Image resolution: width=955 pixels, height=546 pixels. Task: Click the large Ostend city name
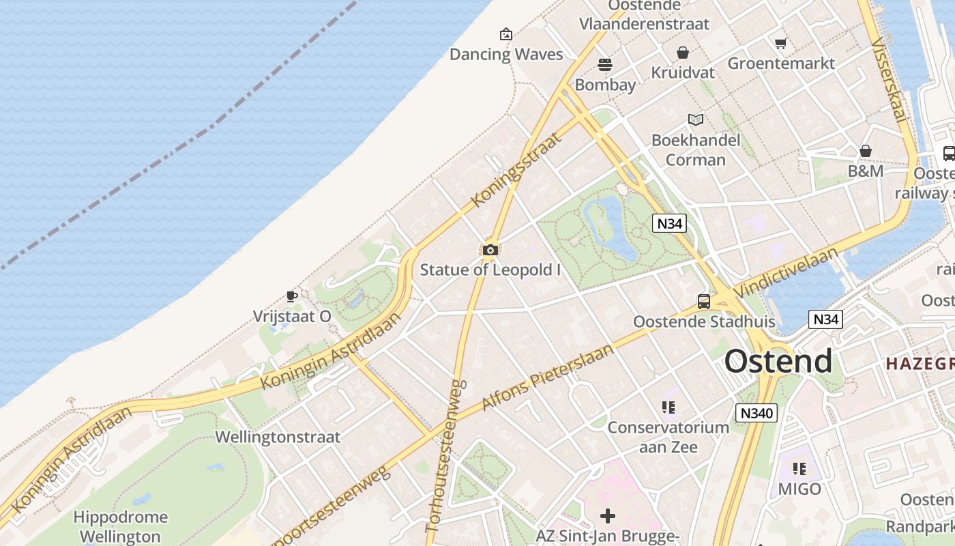point(778,361)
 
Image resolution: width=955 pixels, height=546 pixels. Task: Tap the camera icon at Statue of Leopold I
point(490,250)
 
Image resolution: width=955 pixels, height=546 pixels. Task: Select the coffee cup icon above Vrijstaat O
point(292,296)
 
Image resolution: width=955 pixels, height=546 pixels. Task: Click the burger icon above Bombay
point(605,65)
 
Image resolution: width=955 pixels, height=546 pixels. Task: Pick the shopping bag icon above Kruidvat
point(682,53)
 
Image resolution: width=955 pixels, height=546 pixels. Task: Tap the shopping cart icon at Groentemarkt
point(781,44)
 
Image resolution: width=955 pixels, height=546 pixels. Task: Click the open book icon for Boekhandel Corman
point(695,120)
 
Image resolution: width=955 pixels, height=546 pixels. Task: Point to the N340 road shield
point(756,413)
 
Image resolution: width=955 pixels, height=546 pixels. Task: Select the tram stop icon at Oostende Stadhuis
point(703,301)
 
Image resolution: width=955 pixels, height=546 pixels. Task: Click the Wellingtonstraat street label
point(278,437)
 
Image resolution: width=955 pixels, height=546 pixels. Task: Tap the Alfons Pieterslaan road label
point(547,377)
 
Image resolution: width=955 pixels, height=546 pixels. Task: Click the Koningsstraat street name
point(517,168)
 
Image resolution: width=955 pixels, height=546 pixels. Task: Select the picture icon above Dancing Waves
point(506,34)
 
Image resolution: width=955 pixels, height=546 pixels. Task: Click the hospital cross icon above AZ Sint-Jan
point(607,516)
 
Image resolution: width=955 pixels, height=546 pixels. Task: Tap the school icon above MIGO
point(799,469)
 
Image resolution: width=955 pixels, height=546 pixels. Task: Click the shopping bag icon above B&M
point(866,151)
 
